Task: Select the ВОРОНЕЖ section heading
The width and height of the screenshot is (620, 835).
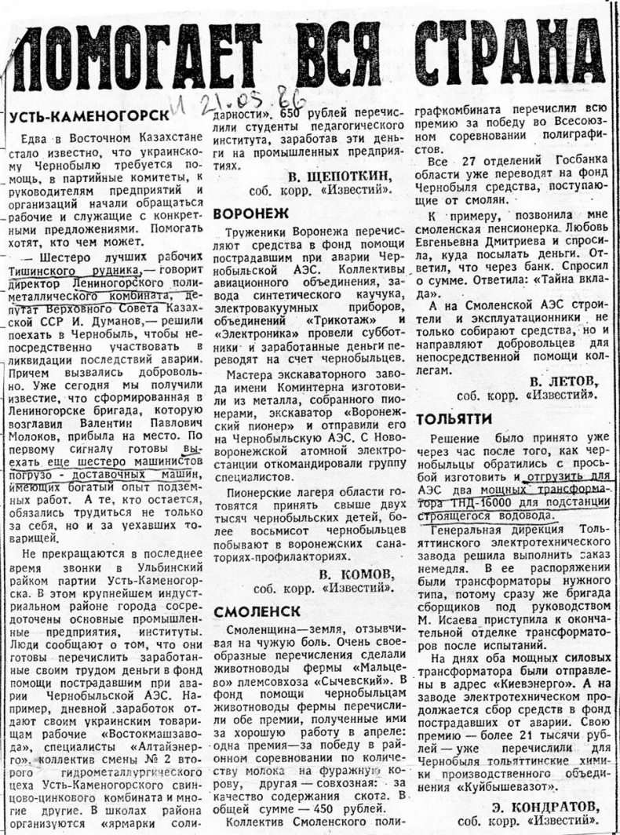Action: coord(251,213)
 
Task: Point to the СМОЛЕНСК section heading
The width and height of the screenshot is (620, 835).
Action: coord(257,609)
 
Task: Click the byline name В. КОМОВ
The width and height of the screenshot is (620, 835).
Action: coord(355,573)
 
